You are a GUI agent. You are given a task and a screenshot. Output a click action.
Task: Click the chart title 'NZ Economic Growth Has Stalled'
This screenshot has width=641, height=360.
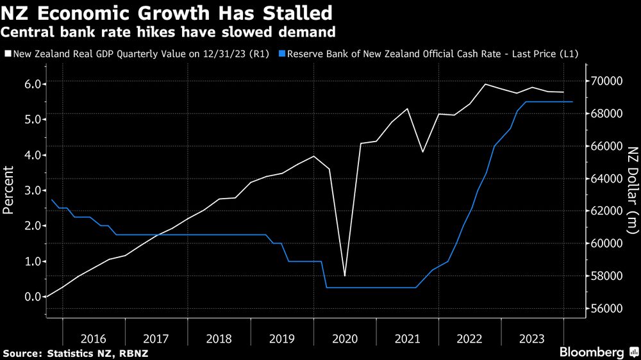[x=167, y=13]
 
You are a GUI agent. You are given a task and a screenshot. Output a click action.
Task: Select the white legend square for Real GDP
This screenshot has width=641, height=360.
[x=8, y=54]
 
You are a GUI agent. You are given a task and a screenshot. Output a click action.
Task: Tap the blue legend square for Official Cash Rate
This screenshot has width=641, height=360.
[x=281, y=54]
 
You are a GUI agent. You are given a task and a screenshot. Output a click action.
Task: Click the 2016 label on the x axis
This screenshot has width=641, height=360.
[x=94, y=338]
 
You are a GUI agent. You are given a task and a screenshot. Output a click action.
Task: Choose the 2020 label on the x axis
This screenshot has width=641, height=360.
[x=345, y=338]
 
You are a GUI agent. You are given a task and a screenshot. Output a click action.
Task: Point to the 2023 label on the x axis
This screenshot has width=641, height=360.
[x=532, y=338]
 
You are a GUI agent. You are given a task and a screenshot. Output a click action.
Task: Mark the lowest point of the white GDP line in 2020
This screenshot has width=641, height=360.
[x=345, y=275]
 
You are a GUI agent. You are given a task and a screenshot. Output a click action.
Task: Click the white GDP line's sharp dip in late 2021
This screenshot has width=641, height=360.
[x=423, y=152]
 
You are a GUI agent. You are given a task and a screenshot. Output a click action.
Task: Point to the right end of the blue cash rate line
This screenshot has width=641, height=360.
[x=572, y=102]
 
